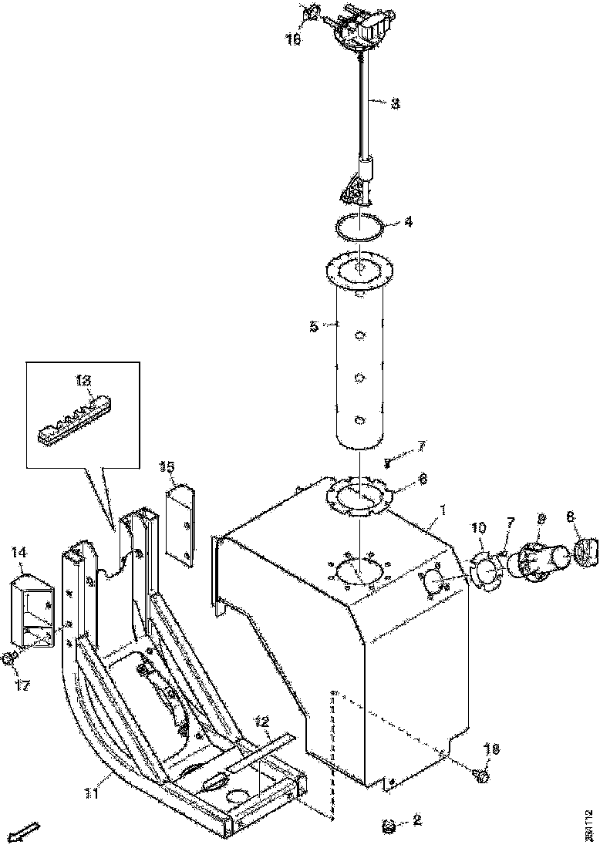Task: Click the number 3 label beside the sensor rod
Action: point(394,103)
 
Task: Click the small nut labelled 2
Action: point(389,826)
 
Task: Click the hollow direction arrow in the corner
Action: point(28,830)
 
